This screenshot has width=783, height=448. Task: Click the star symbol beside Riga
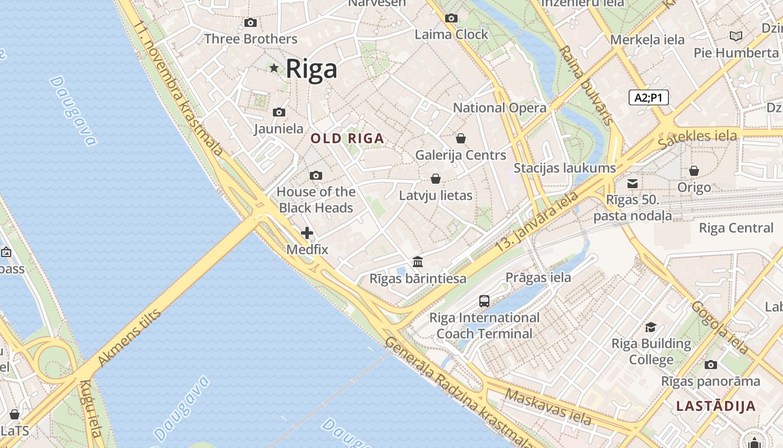(274, 68)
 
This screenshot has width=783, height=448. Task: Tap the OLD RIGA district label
(347, 138)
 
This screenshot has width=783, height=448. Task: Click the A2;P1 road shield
(648, 97)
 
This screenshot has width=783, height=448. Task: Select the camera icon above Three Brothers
(251, 23)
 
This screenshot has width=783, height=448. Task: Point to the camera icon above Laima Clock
(451, 18)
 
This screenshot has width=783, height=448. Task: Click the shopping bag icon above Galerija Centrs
(461, 138)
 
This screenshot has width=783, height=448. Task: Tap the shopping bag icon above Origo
(694, 171)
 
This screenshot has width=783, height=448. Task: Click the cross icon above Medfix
(307, 233)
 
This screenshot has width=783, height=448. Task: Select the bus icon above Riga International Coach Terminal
(484, 301)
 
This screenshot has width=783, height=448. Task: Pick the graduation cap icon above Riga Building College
(650, 328)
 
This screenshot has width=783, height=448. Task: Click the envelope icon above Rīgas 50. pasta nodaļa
(633, 184)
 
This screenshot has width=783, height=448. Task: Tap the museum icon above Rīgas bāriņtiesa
(418, 262)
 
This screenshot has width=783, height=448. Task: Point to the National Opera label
(499, 108)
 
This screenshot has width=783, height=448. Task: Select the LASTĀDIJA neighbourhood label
(716, 406)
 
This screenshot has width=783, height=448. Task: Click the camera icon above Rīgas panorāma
(711, 365)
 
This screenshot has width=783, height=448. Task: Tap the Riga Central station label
(736, 228)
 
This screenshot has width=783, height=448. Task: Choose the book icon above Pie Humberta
(736, 36)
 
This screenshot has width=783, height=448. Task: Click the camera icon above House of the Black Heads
(316, 176)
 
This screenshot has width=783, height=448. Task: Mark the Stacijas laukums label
(564, 168)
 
